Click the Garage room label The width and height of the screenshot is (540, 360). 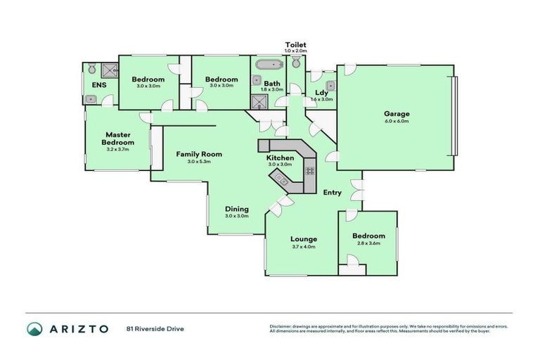point(396,113)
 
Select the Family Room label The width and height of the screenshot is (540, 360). point(199,154)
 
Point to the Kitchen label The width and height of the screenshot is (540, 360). point(279,158)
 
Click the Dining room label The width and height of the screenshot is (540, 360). point(236,209)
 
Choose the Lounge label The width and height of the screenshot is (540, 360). point(304,239)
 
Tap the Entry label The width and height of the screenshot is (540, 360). point(332,193)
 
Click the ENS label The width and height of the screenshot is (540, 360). point(98,85)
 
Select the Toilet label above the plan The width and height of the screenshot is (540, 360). point(295,44)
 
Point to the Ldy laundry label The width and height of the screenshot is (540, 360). point(321,92)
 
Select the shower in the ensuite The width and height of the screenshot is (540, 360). point(109,70)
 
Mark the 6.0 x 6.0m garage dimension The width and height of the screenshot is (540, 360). point(396,121)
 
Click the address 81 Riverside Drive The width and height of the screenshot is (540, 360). point(155,328)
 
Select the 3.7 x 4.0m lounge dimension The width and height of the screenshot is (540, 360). point(304,247)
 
